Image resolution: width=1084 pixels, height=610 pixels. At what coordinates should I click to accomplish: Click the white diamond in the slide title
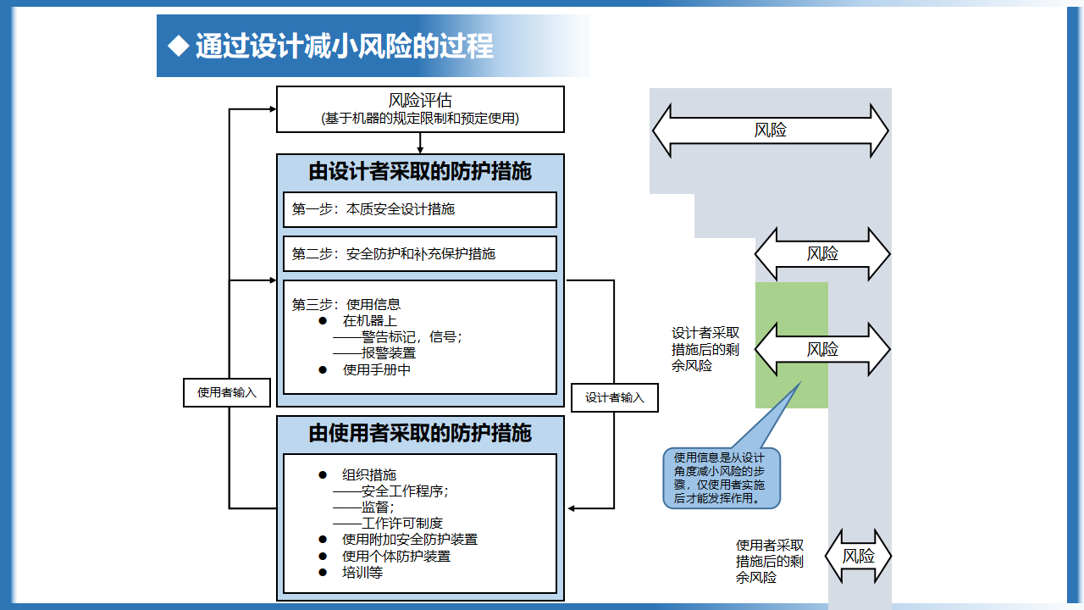[x=178, y=46]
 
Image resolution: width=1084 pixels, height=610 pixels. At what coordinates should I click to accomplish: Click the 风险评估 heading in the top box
[x=420, y=101]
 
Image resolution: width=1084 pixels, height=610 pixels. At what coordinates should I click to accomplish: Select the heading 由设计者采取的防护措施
[x=420, y=171]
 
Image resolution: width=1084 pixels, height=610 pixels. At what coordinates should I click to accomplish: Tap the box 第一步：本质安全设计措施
[x=420, y=209]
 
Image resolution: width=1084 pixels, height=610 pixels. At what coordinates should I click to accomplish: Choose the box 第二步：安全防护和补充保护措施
[x=420, y=254]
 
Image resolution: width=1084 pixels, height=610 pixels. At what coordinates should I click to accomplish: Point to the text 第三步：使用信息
[x=346, y=304]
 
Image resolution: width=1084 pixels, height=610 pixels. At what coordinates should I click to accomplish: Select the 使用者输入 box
[x=226, y=392]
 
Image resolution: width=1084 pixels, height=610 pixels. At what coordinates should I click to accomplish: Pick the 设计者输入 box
[x=615, y=398]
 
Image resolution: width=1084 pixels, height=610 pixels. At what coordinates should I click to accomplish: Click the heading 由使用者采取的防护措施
[x=420, y=433]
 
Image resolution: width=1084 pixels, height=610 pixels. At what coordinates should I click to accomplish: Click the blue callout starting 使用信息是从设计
[x=721, y=478]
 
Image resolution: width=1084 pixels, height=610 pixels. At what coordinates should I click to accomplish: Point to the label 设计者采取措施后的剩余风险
[x=705, y=350]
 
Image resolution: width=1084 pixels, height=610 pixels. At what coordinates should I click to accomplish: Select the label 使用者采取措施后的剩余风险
[x=770, y=562]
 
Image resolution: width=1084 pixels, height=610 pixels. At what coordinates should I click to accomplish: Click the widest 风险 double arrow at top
[x=770, y=130]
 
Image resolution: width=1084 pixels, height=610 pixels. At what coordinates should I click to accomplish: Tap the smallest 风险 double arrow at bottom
[x=858, y=556]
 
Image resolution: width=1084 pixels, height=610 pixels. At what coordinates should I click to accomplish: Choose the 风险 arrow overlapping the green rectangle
[x=822, y=349]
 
